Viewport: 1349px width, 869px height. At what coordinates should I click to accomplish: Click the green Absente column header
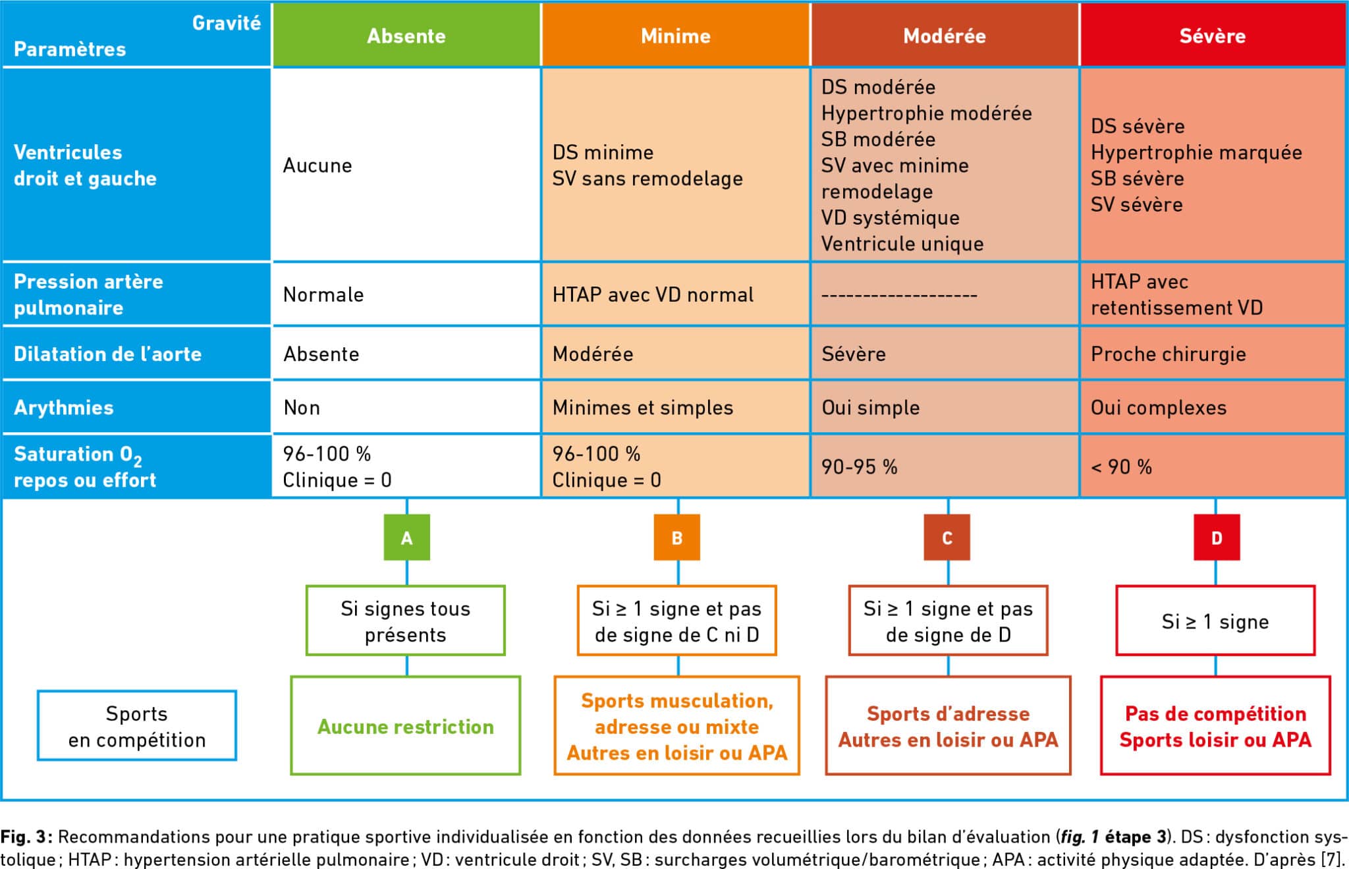[x=406, y=35]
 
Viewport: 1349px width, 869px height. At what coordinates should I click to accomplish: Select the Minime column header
[x=676, y=35]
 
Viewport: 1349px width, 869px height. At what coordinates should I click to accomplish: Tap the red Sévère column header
[x=1213, y=35]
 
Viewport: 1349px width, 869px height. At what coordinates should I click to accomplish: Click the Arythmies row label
[x=136, y=407]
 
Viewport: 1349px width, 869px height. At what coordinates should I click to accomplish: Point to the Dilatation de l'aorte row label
[x=136, y=354]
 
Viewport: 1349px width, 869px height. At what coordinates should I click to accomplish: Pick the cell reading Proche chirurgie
[x=1213, y=354]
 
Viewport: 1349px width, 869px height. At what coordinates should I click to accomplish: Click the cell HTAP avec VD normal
[x=676, y=294]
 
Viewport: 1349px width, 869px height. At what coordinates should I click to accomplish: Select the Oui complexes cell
[x=1213, y=407]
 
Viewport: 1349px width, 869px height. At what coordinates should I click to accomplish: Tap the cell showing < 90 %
[x=1213, y=466]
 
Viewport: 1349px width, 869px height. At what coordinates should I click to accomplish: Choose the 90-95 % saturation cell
[x=945, y=466]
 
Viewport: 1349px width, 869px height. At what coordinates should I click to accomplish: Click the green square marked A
[x=407, y=538]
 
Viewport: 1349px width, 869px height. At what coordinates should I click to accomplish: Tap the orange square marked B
[x=677, y=538]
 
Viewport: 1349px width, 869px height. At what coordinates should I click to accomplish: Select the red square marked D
[x=1217, y=538]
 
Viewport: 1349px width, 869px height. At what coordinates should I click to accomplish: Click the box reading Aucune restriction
[x=406, y=726]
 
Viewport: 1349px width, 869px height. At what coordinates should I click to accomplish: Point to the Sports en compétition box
[x=137, y=726]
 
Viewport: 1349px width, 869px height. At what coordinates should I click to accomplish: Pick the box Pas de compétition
[x=1215, y=726]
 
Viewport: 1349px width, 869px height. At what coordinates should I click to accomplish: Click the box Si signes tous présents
[x=406, y=621]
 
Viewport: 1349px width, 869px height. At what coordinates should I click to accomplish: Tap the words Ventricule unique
[x=902, y=244]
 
